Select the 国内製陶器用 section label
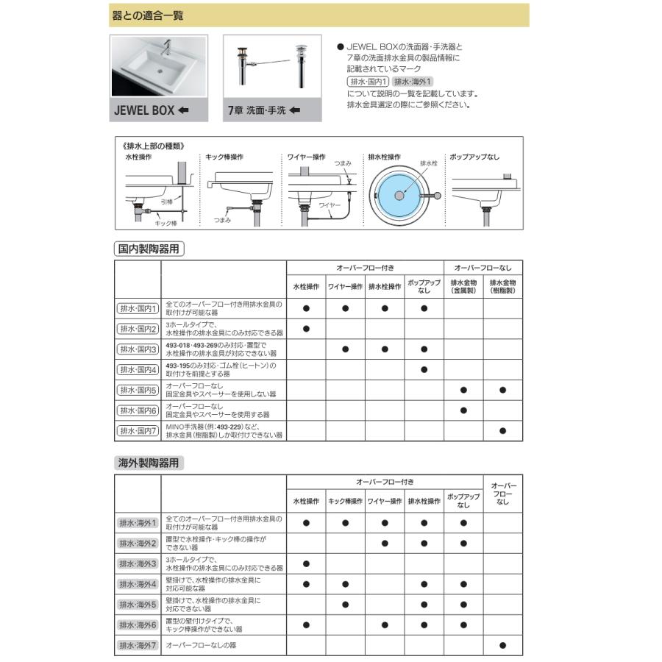pos(148,249)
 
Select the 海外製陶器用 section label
pos(148,463)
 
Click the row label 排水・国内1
pos(138,308)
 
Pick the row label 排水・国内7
pos(138,431)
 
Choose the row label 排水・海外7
pos(138,645)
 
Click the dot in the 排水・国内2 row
pos(306,329)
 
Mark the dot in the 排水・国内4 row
pos(424,369)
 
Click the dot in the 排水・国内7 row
pos(503,431)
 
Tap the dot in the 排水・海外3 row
pos(306,564)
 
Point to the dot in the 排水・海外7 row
pos(503,645)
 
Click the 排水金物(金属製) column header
pos(463,286)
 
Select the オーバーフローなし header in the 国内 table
pos(483,267)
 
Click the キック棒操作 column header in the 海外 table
pos(345,502)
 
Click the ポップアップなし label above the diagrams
pos(474,157)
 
